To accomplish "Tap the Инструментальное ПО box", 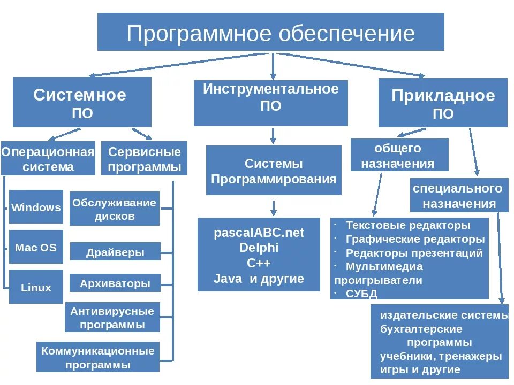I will [270, 103].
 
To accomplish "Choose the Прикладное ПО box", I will [443, 103].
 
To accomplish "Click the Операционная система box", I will [48, 158].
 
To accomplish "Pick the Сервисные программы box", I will [144, 158].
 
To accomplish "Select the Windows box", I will [36, 207].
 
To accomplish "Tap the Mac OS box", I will [36, 247].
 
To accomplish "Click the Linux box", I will [36, 287].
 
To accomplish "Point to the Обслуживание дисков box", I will [115, 209].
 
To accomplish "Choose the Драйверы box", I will [115, 252].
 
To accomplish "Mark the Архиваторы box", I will [115, 283].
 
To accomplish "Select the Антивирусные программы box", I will [112, 317].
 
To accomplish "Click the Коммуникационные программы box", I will [98, 357].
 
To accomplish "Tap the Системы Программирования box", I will [274, 171].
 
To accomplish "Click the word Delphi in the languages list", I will [259, 248].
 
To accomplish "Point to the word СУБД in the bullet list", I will [361, 293].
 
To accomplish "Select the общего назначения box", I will [399, 155].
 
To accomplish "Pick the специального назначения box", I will [459, 195].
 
